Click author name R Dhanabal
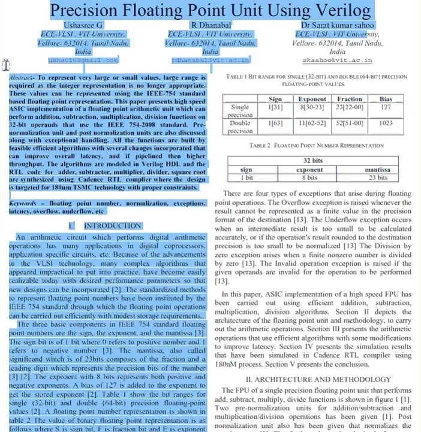210,25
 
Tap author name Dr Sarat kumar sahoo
338,25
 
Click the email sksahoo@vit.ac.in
338,60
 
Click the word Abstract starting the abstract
22,78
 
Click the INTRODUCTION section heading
112,226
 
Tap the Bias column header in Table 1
386,99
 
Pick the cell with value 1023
386,123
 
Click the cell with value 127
386,107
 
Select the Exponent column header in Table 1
312,99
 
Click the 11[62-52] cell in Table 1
312,123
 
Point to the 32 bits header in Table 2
312,161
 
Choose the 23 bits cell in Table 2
377,178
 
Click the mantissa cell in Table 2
377,170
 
